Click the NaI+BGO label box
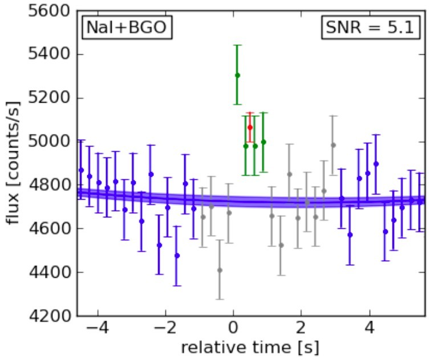(127, 28)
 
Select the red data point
(250, 127)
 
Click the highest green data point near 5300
(237, 75)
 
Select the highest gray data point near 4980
(333, 145)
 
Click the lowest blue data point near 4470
(177, 256)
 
